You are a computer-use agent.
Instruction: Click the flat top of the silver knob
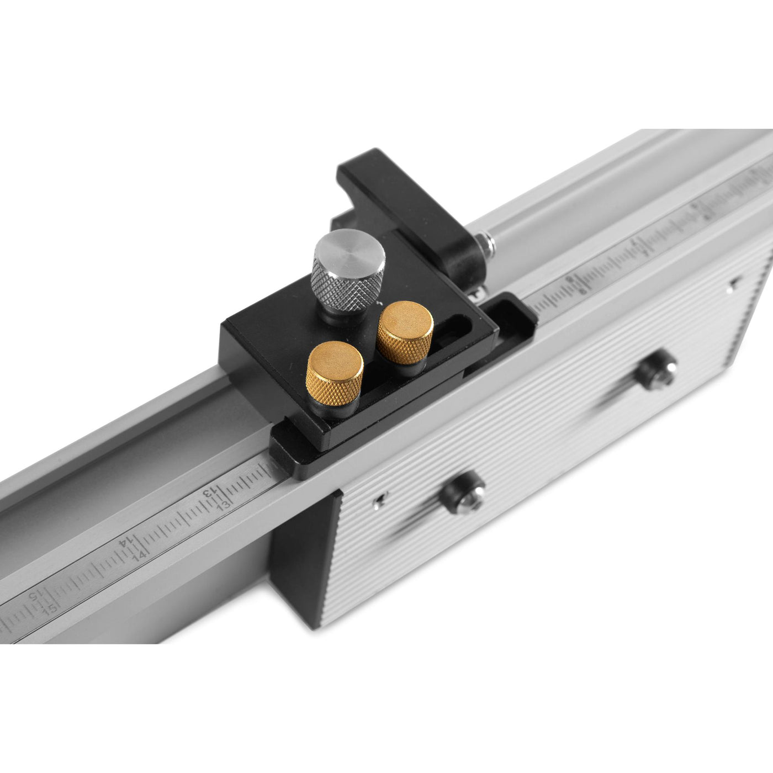(x=350, y=252)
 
